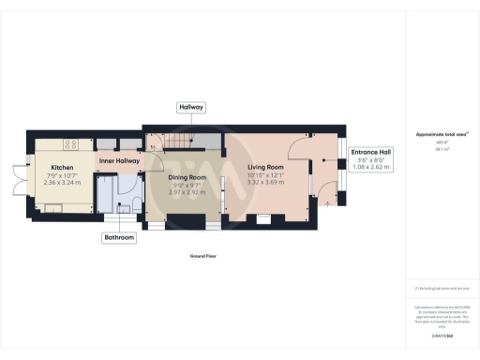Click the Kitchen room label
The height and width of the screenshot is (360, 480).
point(63,168)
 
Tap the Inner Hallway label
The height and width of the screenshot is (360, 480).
point(119,160)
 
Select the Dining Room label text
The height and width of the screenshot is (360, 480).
point(187,177)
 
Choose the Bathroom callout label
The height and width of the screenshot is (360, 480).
point(119,238)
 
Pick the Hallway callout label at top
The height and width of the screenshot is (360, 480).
point(191,108)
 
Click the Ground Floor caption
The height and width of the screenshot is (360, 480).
point(203,255)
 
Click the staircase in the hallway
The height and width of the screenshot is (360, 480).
point(174,142)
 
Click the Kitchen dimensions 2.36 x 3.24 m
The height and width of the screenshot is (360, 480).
point(63,184)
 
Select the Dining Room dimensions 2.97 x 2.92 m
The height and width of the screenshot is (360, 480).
point(187,190)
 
